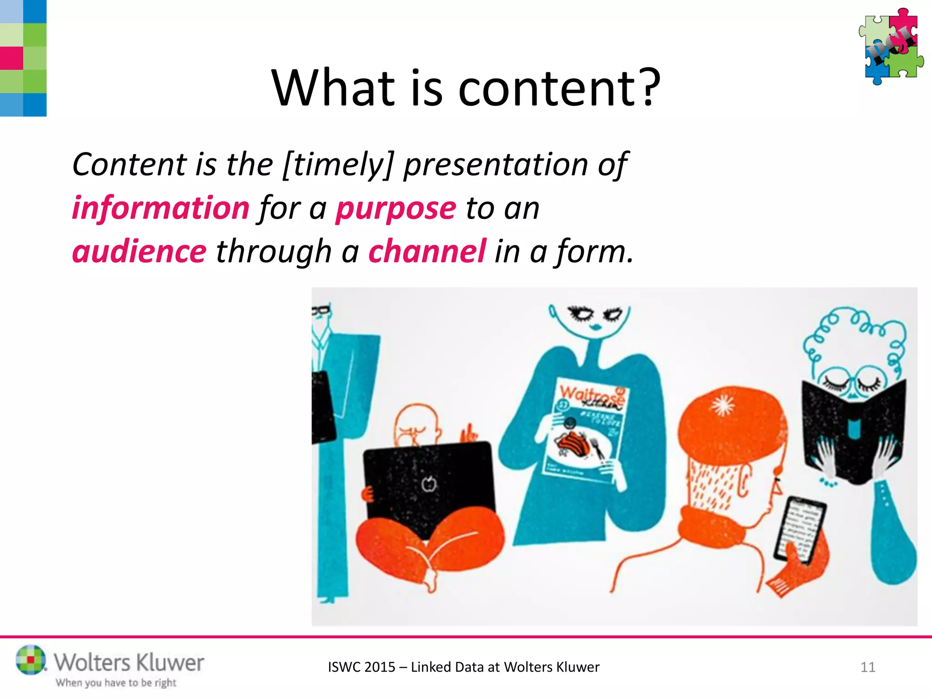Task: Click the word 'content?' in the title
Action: (x=559, y=88)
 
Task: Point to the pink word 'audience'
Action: (x=139, y=252)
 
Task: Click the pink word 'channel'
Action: (x=427, y=252)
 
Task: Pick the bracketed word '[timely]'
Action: (x=337, y=165)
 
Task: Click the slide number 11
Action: (x=867, y=667)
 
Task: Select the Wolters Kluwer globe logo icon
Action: (x=30, y=659)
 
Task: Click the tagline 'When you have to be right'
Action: (x=116, y=683)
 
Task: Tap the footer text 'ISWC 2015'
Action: (x=361, y=667)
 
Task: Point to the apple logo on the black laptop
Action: (x=428, y=484)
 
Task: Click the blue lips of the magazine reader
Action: (x=595, y=327)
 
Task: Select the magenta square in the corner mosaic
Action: (x=11, y=58)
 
